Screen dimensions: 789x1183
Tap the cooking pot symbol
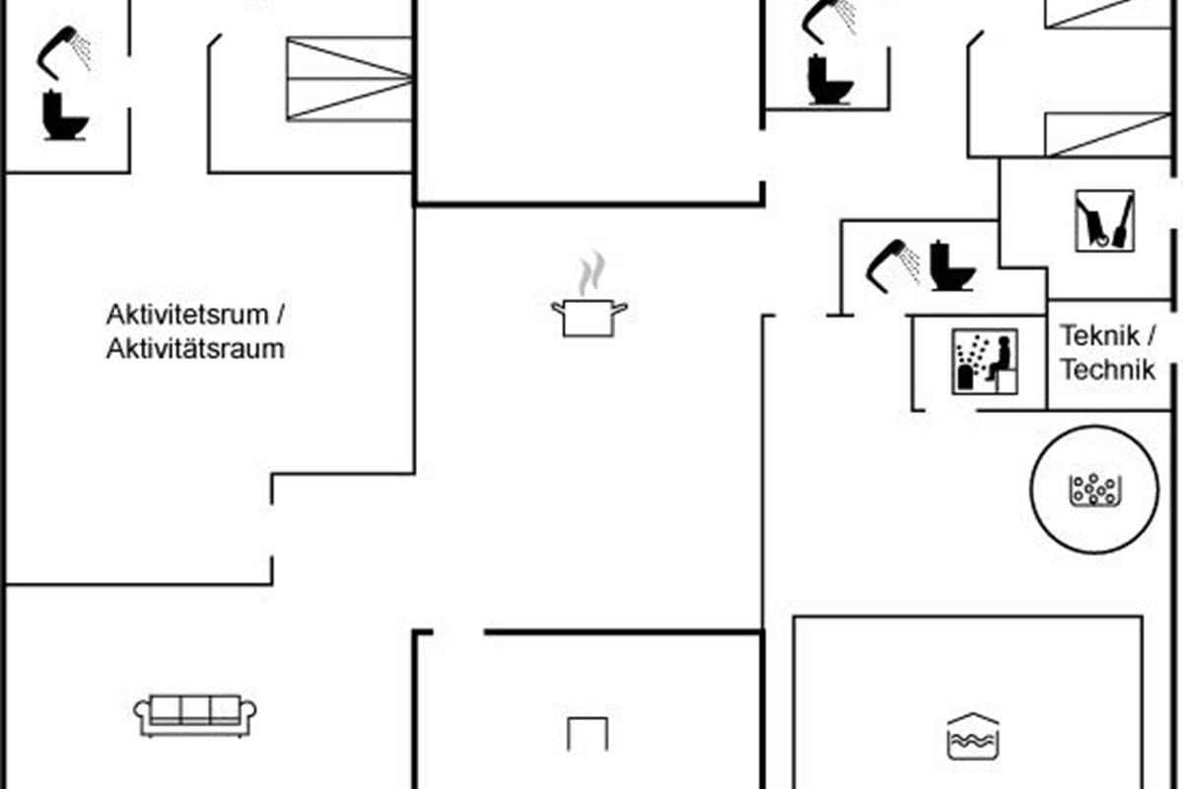590,318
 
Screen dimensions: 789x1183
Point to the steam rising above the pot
591,273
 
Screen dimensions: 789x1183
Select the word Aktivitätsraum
195,348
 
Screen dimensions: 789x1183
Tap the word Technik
1106,370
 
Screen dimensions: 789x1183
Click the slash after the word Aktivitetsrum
280,316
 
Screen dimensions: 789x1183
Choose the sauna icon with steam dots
984,362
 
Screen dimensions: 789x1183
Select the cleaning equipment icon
1104,221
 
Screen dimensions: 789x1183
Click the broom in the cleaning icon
1122,221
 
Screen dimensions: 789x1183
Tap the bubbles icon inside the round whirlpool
1093,489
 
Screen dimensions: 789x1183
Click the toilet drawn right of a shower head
951,266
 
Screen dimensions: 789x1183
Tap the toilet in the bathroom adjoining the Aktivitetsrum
65,115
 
